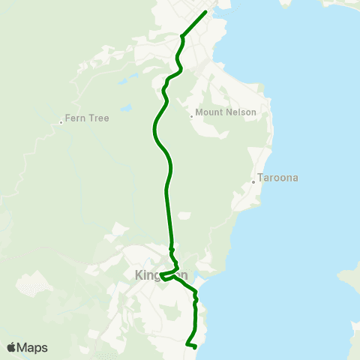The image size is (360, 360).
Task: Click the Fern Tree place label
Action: (87, 118)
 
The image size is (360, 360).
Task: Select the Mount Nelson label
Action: (226, 112)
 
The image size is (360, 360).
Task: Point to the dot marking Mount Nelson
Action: (191, 116)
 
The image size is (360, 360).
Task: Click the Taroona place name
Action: (278, 178)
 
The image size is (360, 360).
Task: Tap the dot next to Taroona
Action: (253, 181)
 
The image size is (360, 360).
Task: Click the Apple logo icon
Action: (12, 347)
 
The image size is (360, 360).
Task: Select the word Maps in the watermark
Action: (33, 347)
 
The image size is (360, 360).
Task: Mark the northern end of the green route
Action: (205, 12)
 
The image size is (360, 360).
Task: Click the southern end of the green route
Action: (194, 347)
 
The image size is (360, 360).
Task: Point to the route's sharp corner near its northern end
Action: (182, 34)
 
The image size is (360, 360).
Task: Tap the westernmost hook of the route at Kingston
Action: (160, 275)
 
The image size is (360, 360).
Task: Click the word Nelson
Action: (241, 112)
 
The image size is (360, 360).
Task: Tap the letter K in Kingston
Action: (139, 274)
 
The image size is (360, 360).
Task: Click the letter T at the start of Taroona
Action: (260, 178)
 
